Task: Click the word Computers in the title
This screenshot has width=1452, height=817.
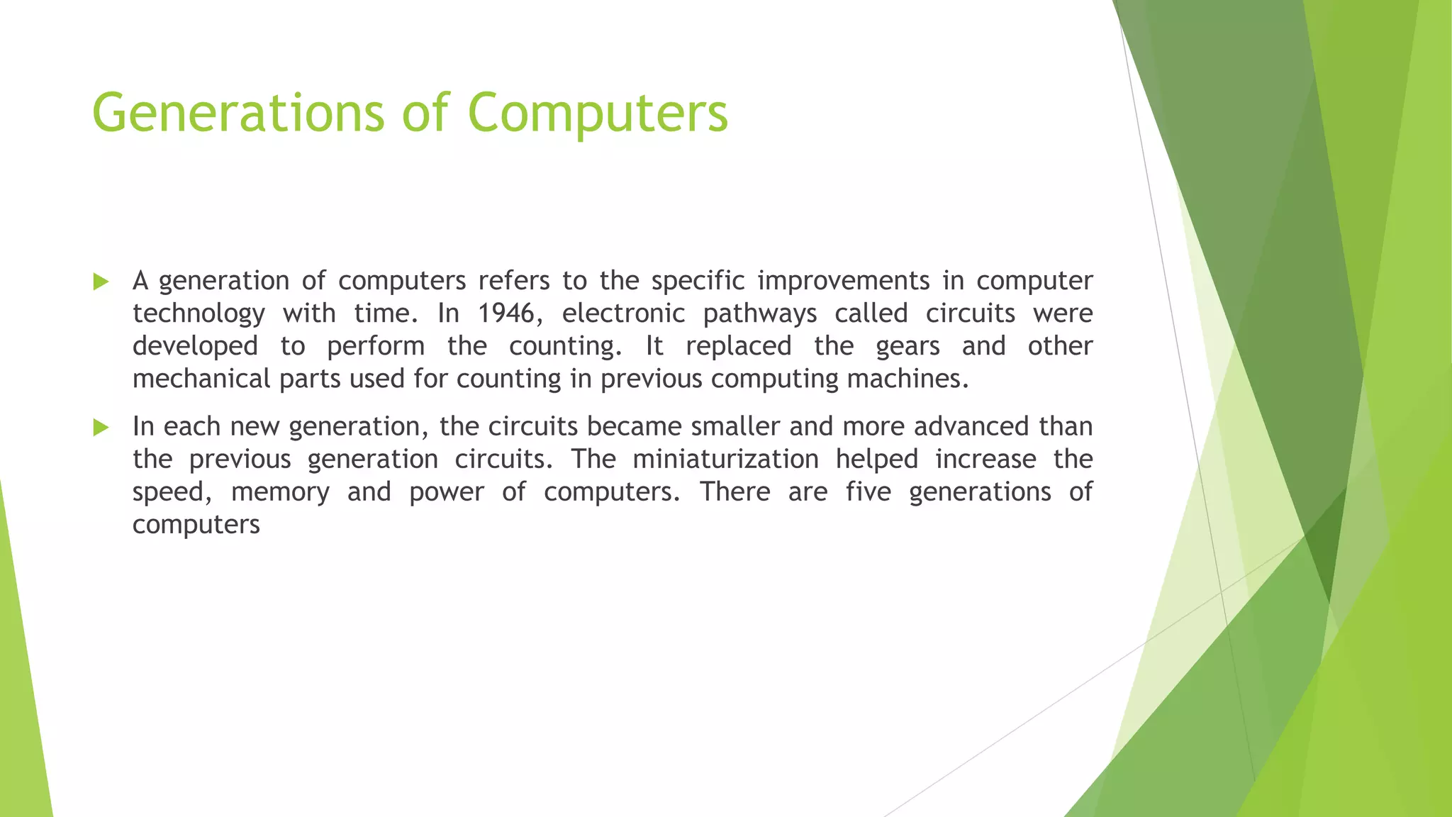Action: (x=598, y=113)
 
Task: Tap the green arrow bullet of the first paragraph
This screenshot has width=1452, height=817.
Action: (x=101, y=282)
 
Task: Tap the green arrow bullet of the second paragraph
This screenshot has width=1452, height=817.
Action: (x=101, y=428)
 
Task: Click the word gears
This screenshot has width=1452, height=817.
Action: (x=907, y=346)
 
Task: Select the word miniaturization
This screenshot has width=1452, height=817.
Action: (x=725, y=459)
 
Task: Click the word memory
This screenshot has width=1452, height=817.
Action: (x=280, y=492)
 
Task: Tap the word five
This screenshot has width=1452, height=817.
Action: (x=868, y=491)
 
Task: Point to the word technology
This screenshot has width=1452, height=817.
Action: (x=199, y=313)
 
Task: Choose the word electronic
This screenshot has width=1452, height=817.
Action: (x=623, y=313)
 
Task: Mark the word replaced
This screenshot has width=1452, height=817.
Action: (x=738, y=346)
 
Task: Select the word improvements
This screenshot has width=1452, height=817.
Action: (x=843, y=281)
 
